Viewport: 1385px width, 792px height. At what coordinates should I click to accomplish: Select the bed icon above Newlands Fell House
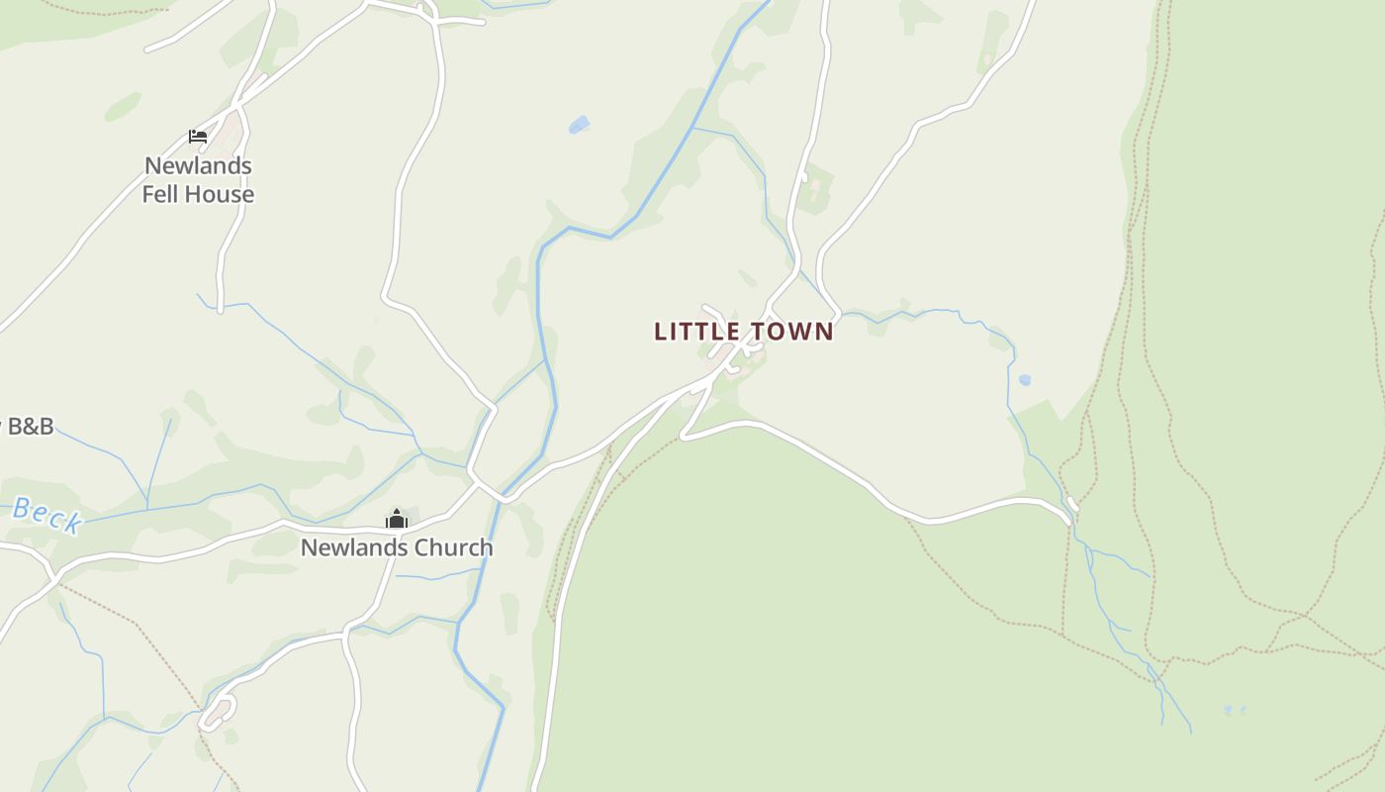click(198, 137)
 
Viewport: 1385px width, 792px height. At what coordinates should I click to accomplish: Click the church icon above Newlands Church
click(397, 519)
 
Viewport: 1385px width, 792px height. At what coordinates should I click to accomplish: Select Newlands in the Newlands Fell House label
click(198, 165)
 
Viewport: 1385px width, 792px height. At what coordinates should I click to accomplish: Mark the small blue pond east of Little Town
click(1025, 379)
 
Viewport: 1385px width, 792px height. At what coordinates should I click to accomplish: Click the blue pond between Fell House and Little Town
click(579, 125)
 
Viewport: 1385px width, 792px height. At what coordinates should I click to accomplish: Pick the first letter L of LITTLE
click(661, 332)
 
